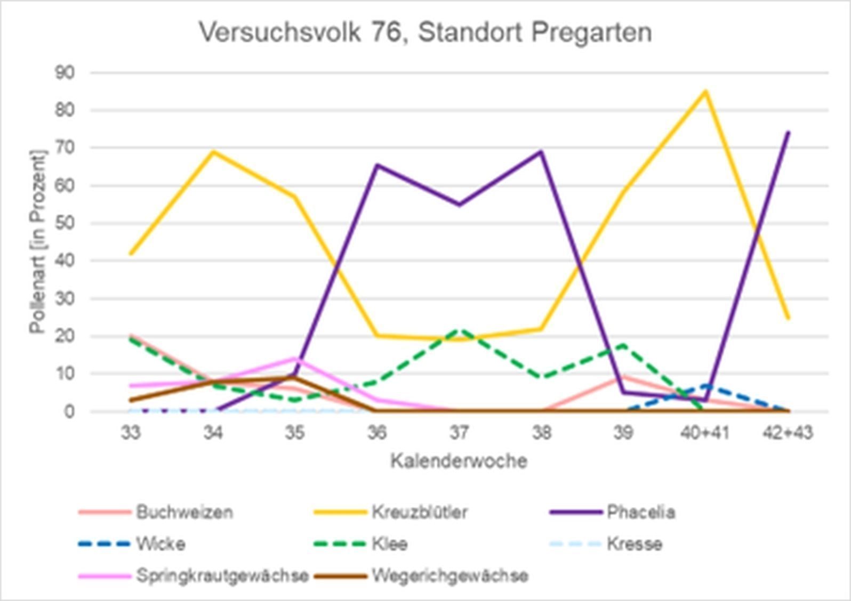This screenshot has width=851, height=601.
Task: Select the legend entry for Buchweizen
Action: [184, 512]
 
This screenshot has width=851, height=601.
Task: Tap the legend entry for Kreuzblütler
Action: [419, 512]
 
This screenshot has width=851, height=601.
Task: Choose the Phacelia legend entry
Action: [641, 512]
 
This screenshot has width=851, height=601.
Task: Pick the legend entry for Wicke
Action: [160, 544]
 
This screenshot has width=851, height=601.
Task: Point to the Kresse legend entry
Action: [635, 544]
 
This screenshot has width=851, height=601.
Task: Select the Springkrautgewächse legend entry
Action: [222, 576]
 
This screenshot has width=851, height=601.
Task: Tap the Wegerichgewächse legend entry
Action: [449, 576]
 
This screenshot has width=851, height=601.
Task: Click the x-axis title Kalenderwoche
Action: [459, 461]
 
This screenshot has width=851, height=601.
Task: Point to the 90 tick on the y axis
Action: [65, 72]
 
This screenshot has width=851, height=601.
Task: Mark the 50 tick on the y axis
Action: [65, 223]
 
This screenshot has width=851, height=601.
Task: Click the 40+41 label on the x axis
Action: [705, 433]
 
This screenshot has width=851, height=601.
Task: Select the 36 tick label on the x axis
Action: [376, 433]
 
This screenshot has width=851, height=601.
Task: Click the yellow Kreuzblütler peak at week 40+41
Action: [705, 91]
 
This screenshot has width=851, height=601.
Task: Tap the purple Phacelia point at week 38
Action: [541, 152]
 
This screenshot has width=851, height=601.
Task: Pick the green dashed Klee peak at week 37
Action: [460, 330]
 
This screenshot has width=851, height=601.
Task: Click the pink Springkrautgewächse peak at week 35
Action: [294, 358]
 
